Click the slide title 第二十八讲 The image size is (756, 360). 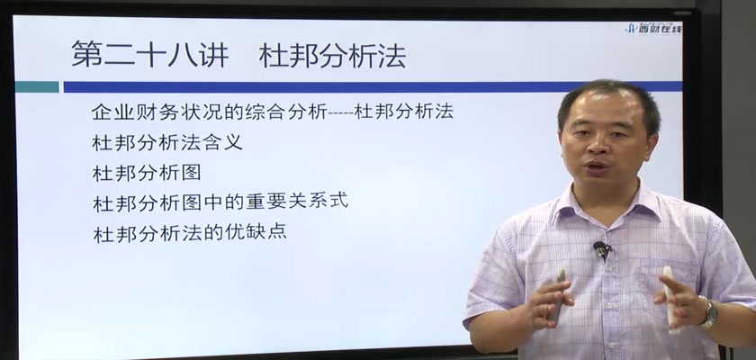pos(150,54)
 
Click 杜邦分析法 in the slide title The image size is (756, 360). pos(332,56)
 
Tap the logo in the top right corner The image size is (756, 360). pos(653,28)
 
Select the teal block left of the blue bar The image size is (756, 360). pos(37,86)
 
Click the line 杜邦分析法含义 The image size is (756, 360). pos(167,143)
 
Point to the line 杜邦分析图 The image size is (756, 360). pos(147,173)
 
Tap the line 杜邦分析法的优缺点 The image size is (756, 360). pos(190,232)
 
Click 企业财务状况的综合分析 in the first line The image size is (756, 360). pos(209,112)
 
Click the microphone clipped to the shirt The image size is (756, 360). pos(602,249)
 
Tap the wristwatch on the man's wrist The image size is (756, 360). pos(707,312)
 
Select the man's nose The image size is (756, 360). pos(596,145)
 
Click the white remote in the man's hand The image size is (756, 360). pos(670,299)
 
